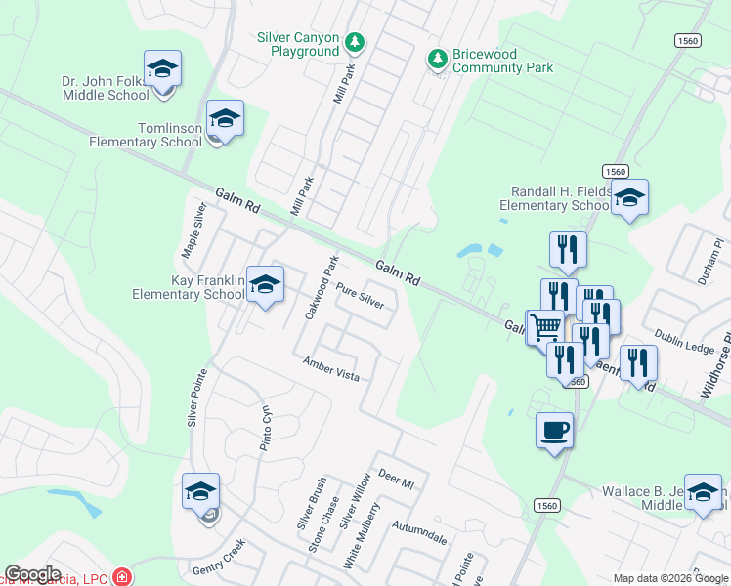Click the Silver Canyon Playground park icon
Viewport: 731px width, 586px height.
[356, 42]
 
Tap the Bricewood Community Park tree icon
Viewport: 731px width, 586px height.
[438, 60]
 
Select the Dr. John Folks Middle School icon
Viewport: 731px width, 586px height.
[162, 69]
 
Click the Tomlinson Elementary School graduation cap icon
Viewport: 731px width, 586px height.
[225, 118]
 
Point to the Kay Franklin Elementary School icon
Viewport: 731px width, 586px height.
[264, 284]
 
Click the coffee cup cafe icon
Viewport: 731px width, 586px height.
[555, 428]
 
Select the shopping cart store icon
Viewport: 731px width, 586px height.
[545, 327]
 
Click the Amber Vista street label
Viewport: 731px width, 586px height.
[331, 368]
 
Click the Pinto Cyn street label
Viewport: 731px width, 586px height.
[262, 427]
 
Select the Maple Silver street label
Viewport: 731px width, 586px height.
[193, 230]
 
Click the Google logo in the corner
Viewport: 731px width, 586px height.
[33, 574]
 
